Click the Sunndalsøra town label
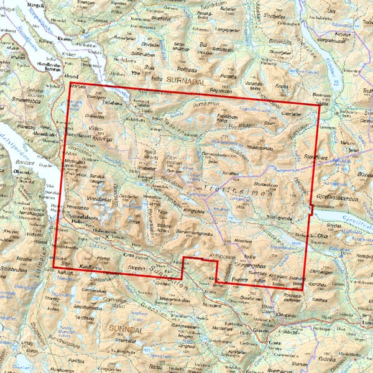(83, 215)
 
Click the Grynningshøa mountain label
(246, 264)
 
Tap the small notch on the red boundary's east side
(311, 211)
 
